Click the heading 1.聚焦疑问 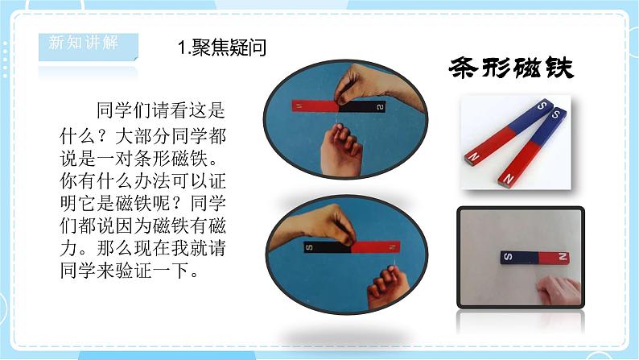point(221,48)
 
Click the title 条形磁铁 point(511,68)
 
